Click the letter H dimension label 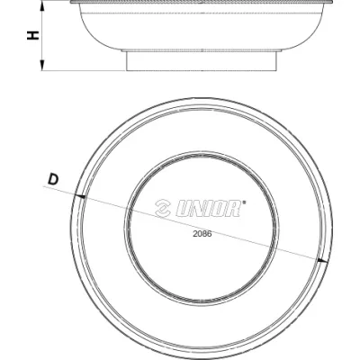click(x=33, y=35)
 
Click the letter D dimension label click(x=53, y=180)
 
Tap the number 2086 click(x=202, y=234)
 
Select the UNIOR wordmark click(x=208, y=209)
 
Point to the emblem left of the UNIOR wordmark click(x=163, y=209)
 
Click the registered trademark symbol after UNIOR click(x=244, y=202)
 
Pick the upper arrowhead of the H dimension click(x=42, y=6)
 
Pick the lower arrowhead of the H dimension click(x=42, y=65)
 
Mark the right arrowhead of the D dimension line click(x=322, y=261)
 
